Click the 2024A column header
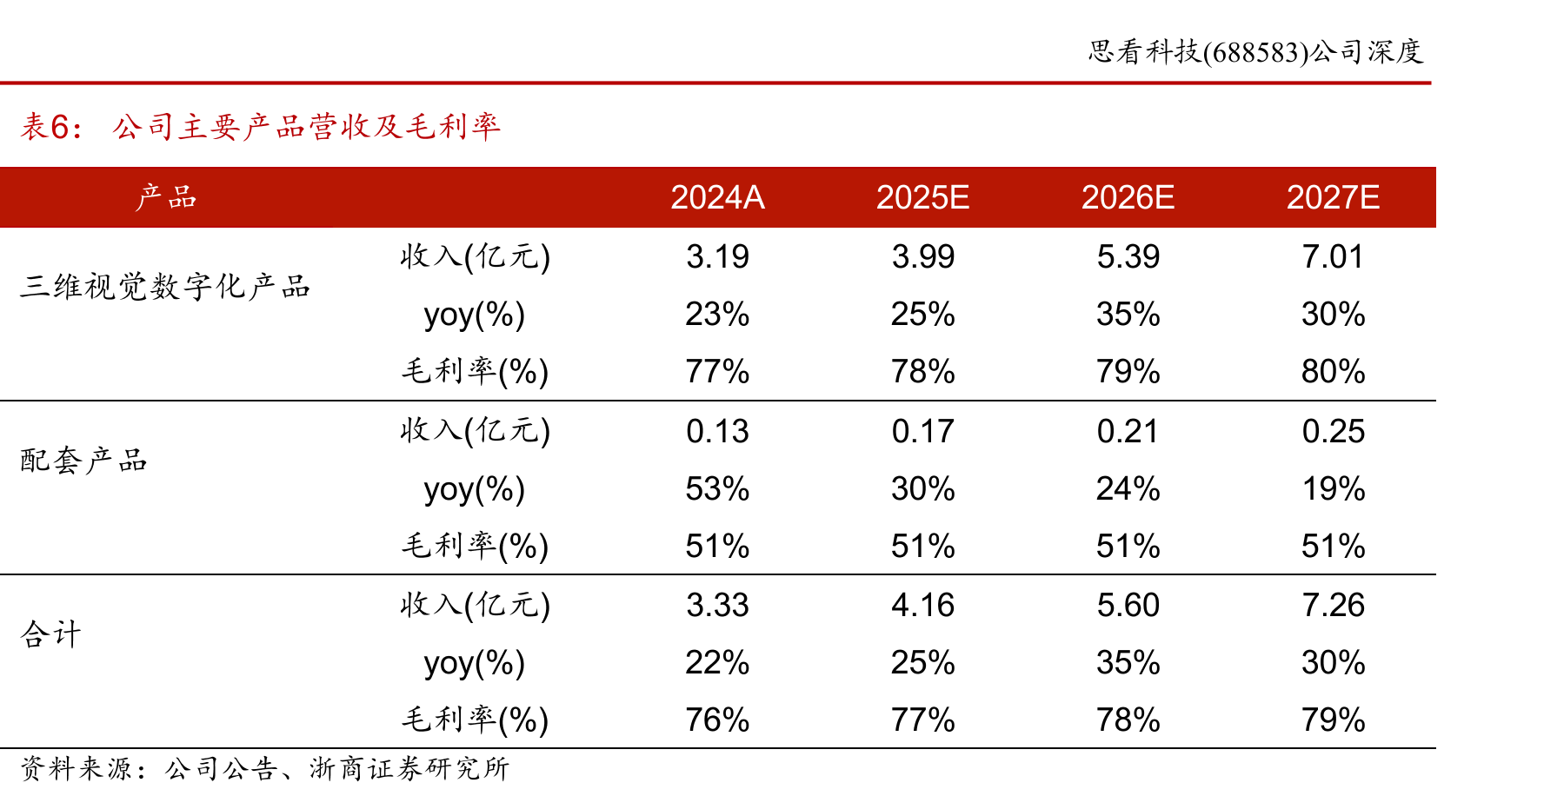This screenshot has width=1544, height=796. pos(717,198)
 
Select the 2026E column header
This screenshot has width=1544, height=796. pos(1128,198)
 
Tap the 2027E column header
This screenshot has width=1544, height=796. pos(1333,198)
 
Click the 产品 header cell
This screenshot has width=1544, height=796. pos(166,198)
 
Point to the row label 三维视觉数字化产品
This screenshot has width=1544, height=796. pos(165,286)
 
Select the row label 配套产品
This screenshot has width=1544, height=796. pos(83,460)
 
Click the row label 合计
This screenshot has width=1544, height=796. pos(50,633)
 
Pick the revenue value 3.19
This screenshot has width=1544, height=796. pos(717,257)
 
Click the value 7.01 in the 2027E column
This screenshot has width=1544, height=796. pos(1333,257)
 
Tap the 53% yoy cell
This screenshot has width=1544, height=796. pos(717,489)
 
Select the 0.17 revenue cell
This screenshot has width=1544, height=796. pos(922,432)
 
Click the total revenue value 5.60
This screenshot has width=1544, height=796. pos(1128,606)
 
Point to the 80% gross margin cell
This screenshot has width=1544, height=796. pos(1333,372)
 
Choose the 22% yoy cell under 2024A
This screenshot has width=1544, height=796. pos(717,663)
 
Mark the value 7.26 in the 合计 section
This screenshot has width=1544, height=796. pos(1333,606)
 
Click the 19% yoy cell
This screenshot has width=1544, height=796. pos(1333,489)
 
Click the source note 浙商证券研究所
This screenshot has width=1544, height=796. pos(409,768)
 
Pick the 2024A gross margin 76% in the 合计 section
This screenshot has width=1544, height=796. pos(717,720)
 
